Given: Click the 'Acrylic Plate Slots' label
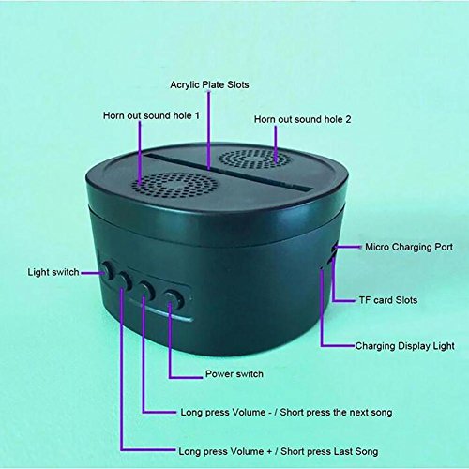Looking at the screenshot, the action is (209, 85).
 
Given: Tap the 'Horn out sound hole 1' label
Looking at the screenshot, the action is (151, 115).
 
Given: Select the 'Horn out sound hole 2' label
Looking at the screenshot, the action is (302, 119).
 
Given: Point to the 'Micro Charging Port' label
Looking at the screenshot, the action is (409, 247).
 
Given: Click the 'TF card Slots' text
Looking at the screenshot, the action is (388, 300).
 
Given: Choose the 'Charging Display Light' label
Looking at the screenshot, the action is (405, 346).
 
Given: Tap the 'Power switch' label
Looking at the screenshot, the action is (234, 374).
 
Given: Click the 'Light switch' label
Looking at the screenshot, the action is (53, 272).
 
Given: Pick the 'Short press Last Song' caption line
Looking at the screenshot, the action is (329, 451).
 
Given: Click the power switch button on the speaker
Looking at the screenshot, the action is (174, 299).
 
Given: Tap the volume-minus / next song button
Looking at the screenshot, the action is (146, 289).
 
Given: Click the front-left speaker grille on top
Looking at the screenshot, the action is (174, 186).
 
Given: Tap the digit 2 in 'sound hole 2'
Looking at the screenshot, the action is (348, 119).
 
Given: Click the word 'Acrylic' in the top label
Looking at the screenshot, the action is (185, 85).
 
